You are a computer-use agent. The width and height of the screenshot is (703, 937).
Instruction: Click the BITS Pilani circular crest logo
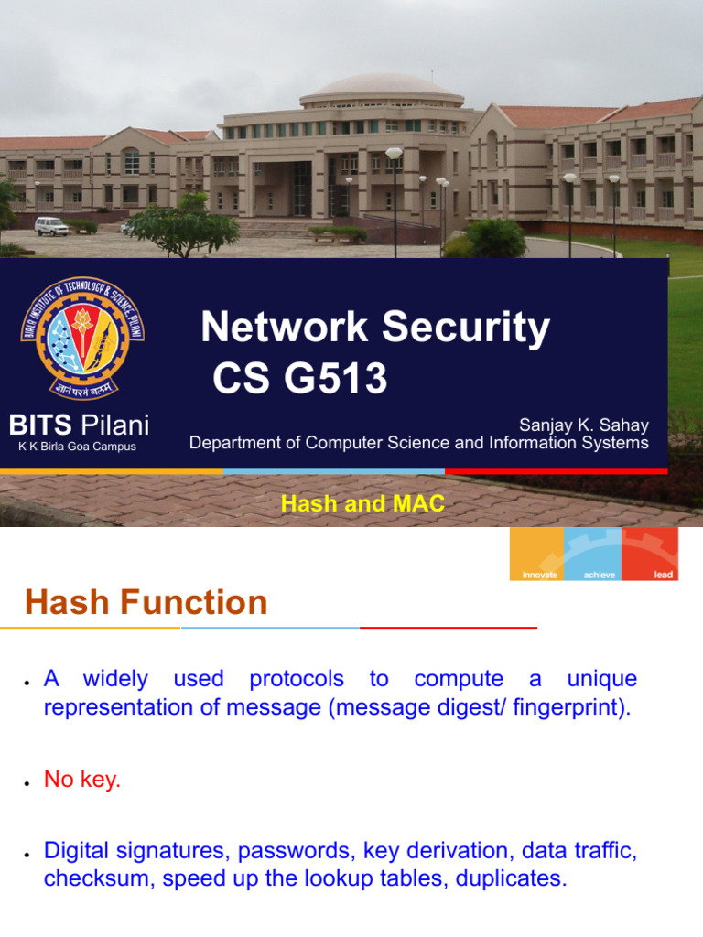point(81,338)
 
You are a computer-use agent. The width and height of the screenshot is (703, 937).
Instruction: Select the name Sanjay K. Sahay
point(584,425)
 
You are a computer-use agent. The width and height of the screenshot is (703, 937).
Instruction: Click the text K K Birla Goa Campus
point(77,447)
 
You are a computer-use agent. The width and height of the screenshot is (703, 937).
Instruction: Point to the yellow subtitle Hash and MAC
point(362,503)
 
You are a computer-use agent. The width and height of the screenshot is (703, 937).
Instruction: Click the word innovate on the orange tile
point(539,575)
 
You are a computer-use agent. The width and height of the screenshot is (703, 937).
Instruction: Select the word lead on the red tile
point(664,575)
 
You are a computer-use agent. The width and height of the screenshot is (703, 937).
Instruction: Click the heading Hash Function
point(146,602)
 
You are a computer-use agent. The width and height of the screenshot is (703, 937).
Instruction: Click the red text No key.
point(82,781)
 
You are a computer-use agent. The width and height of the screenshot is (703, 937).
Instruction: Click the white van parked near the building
point(52,225)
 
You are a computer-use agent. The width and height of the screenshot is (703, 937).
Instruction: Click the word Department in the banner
point(237,443)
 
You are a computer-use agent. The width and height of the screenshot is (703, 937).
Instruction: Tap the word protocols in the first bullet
point(297,679)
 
